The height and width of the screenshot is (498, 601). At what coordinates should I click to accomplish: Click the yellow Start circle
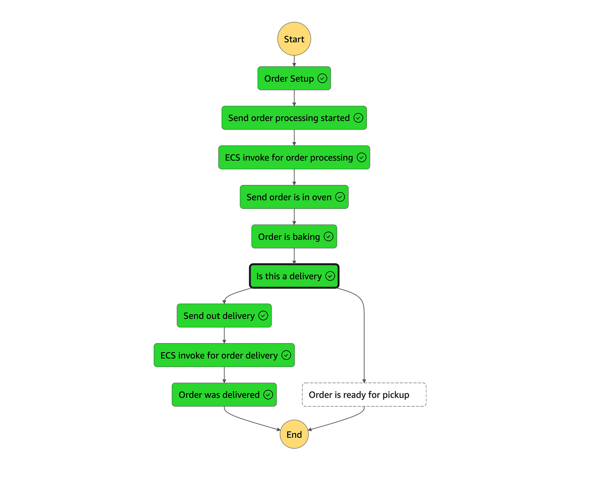(x=294, y=39)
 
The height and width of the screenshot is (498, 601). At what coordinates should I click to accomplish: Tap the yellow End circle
(x=294, y=434)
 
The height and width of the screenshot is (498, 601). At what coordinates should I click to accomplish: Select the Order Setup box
(x=289, y=79)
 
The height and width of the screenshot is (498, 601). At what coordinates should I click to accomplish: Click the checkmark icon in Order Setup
(x=322, y=78)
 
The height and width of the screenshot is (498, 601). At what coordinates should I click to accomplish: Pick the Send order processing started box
(x=289, y=118)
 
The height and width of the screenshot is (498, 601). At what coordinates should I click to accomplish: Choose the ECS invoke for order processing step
(x=289, y=157)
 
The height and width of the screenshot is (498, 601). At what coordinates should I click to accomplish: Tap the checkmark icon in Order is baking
(x=328, y=236)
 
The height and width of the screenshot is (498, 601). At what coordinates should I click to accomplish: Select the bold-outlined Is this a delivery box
(x=289, y=276)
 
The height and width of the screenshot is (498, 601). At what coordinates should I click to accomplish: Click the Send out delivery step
(x=219, y=316)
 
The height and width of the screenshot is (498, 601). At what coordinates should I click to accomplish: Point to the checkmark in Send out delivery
(x=263, y=315)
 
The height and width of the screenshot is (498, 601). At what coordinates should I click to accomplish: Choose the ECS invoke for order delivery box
(x=219, y=355)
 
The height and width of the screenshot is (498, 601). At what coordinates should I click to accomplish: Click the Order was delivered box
(x=219, y=395)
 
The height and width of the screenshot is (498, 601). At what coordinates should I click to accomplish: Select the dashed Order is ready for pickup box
(x=364, y=395)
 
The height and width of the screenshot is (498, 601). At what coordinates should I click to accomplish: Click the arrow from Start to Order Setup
(x=294, y=61)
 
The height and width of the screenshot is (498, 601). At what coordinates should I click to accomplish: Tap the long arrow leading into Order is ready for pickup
(x=364, y=338)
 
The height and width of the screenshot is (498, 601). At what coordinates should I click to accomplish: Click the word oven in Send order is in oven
(x=322, y=197)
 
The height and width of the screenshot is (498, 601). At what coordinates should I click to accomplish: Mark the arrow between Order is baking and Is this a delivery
(x=294, y=256)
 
